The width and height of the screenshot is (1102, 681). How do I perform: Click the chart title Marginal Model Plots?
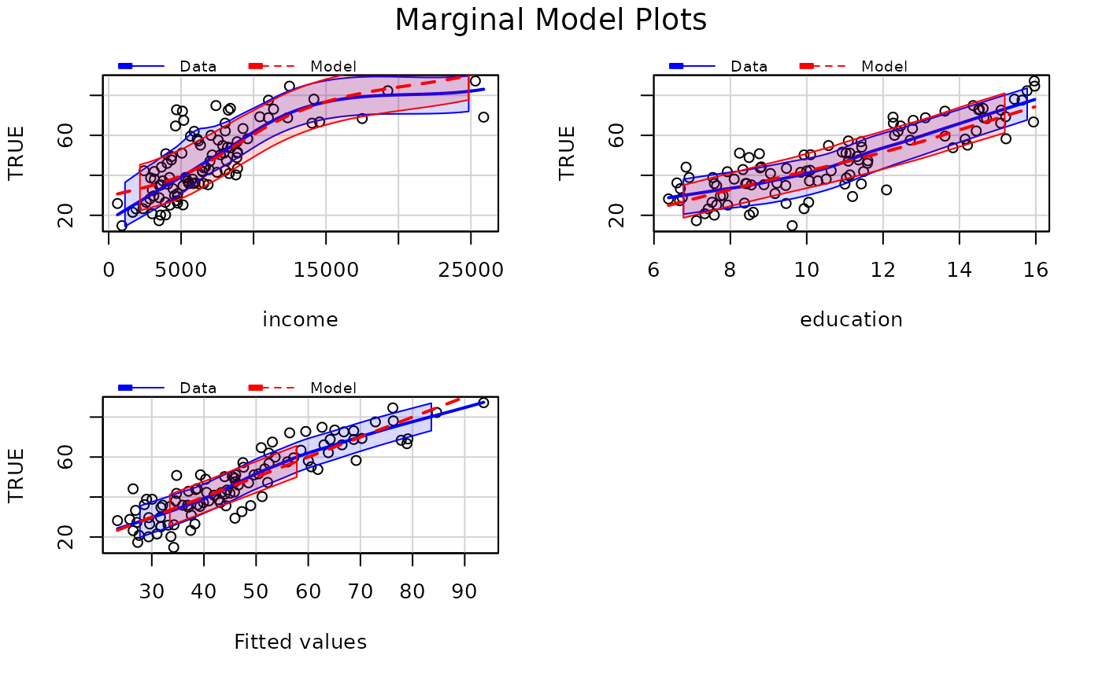tap(550, 20)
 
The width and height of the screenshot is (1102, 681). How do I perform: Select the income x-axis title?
tap(300, 320)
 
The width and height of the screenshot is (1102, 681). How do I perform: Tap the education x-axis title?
tap(851, 320)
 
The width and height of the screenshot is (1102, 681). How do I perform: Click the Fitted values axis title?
tap(300, 642)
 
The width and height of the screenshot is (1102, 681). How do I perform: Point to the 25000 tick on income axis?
tap(471, 270)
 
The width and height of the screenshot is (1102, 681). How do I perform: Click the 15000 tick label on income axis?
tap(325, 270)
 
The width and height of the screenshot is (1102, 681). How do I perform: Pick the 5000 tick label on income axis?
tap(181, 270)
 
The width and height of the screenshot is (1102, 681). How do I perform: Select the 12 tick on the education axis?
tap(882, 270)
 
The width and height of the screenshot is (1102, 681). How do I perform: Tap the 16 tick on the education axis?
tap(1036, 270)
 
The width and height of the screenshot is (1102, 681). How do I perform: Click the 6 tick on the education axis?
tap(653, 270)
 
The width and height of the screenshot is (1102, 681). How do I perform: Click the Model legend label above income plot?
tap(333, 67)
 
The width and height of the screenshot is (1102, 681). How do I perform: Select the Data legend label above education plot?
tap(749, 67)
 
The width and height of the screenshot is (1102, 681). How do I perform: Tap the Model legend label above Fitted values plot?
tap(333, 388)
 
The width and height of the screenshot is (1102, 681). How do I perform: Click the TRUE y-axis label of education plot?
tap(568, 153)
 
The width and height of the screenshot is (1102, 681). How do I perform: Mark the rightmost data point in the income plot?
tap(483, 117)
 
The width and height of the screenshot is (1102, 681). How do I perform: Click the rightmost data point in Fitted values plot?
tap(483, 403)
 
